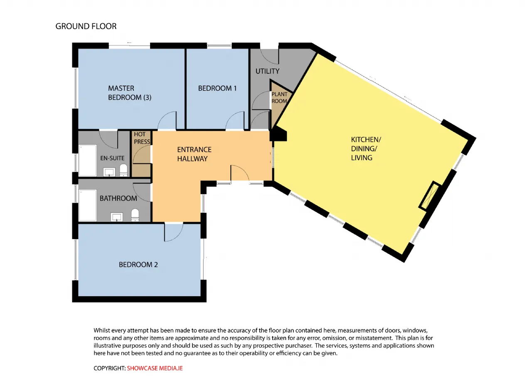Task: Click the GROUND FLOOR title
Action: [86, 26]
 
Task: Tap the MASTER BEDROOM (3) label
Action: [130, 93]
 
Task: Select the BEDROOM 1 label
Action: [217, 88]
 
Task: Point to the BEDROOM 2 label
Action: [138, 265]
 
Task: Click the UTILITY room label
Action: [267, 71]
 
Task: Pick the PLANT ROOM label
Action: [279, 97]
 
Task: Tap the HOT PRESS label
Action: [142, 138]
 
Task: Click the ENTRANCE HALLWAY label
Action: [194, 154]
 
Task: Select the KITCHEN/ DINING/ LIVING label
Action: [366, 148]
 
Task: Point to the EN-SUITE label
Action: [112, 158]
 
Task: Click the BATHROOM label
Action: [118, 198]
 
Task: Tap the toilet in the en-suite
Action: [123, 170]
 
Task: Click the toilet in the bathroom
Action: [135, 215]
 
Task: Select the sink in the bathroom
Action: [117, 217]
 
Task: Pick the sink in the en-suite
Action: [109, 172]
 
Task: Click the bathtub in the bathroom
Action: [88, 205]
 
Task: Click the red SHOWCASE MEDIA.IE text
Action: [155, 368]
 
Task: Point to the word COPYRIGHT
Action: [109, 368]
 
